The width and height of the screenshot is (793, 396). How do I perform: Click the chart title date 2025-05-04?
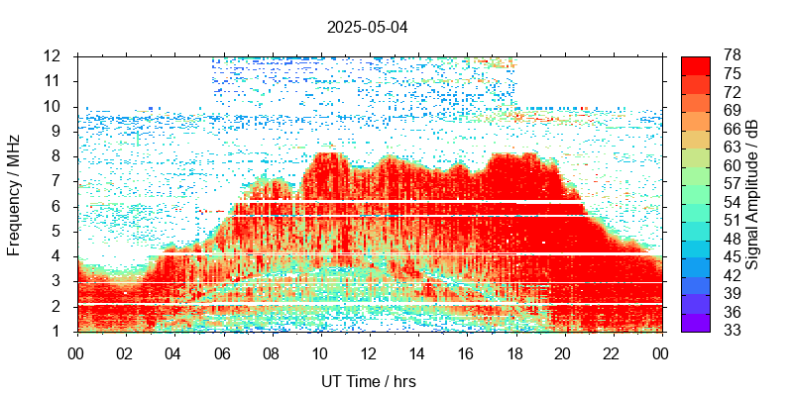point(367,27)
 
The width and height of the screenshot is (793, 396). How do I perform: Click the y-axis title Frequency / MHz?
point(15,193)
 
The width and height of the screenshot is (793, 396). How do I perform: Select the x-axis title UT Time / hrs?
point(369,381)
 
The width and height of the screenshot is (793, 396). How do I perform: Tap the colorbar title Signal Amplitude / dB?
point(752,194)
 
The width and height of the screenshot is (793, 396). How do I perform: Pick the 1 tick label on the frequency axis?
point(59,332)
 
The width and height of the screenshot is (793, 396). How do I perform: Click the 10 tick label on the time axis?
point(320,351)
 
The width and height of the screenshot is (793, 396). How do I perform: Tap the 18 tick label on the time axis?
point(515,351)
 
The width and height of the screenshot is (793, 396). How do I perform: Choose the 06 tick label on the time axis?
point(223,351)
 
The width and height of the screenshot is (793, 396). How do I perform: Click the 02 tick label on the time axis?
point(125,351)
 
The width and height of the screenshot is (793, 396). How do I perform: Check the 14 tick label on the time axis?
point(417,351)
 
